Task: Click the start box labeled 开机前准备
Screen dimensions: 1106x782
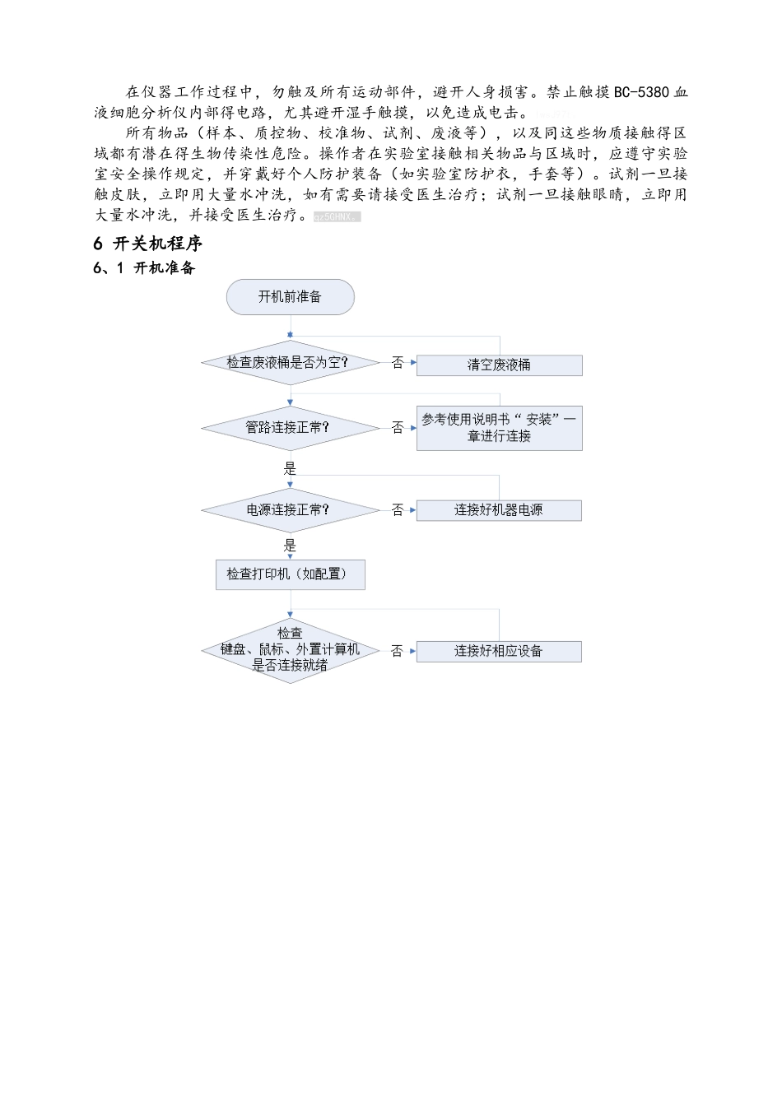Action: click(x=290, y=297)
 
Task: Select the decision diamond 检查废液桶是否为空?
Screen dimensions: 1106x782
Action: click(x=290, y=362)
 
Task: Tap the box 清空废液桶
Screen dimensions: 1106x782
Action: click(x=499, y=365)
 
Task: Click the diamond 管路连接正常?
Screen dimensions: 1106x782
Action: click(x=290, y=427)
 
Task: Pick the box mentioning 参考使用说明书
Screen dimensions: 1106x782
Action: click(x=499, y=428)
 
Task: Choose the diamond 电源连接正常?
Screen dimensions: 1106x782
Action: click(x=290, y=510)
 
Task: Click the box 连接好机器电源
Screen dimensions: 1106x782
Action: click(x=499, y=510)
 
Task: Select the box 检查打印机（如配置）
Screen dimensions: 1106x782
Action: click(x=290, y=574)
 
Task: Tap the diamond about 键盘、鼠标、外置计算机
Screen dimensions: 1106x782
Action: click(x=290, y=650)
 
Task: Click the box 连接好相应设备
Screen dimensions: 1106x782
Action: click(x=499, y=651)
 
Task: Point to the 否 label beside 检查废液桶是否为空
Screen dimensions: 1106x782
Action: click(x=398, y=363)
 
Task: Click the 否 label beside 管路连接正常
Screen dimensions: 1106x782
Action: click(x=398, y=428)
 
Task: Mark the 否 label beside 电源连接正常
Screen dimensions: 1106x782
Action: click(x=398, y=510)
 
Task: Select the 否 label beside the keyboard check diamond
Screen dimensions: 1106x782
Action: click(x=398, y=651)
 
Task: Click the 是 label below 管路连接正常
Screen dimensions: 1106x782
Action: click(x=290, y=468)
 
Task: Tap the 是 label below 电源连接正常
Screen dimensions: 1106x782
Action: click(x=290, y=546)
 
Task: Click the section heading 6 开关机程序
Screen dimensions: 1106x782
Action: click(x=148, y=244)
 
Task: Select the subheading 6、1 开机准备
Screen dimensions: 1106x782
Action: click(x=144, y=267)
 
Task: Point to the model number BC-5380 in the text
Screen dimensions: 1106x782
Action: click(x=642, y=92)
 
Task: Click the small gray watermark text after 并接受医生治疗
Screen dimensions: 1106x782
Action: click(x=337, y=216)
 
